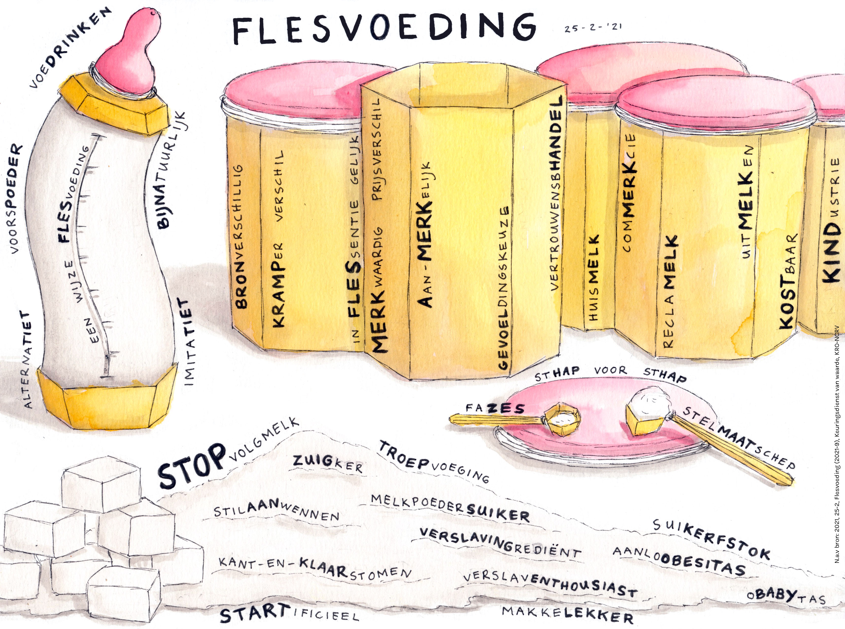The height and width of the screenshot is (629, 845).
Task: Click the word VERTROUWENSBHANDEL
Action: [x=556, y=194]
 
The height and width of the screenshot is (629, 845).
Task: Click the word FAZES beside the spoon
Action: [x=495, y=409]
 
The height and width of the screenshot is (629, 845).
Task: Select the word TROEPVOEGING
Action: [x=434, y=461]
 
